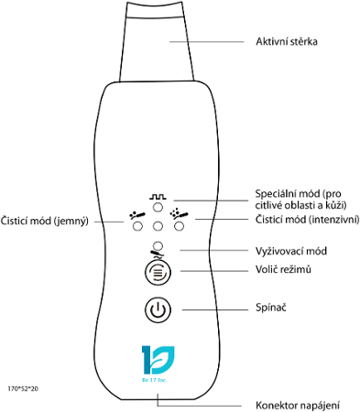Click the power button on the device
coord(158,309)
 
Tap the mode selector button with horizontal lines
coord(158,271)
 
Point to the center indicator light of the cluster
coord(158,226)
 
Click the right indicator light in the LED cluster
coord(176,226)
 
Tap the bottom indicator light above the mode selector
coord(158,244)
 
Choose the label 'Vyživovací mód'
coord(290,249)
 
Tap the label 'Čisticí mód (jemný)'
coord(45,220)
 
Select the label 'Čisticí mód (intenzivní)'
coord(305,220)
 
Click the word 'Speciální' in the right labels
coord(275,193)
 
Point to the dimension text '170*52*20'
coord(22,389)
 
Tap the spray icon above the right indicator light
coord(180,215)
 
